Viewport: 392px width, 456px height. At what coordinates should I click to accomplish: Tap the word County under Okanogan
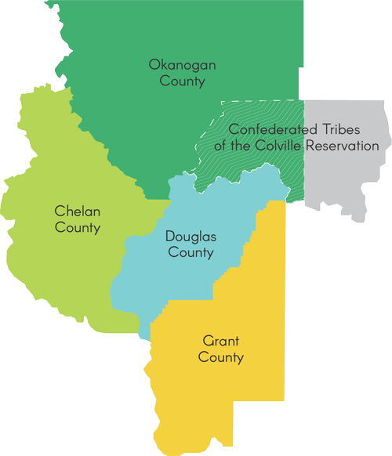point(177,81)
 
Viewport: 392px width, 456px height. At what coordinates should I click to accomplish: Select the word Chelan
point(78,212)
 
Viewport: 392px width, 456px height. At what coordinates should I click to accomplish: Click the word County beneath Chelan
point(78,228)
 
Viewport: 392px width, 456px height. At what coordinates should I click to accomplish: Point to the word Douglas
point(190,236)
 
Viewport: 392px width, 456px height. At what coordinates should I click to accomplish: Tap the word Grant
point(220,342)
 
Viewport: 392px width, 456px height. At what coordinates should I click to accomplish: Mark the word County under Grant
point(220,358)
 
